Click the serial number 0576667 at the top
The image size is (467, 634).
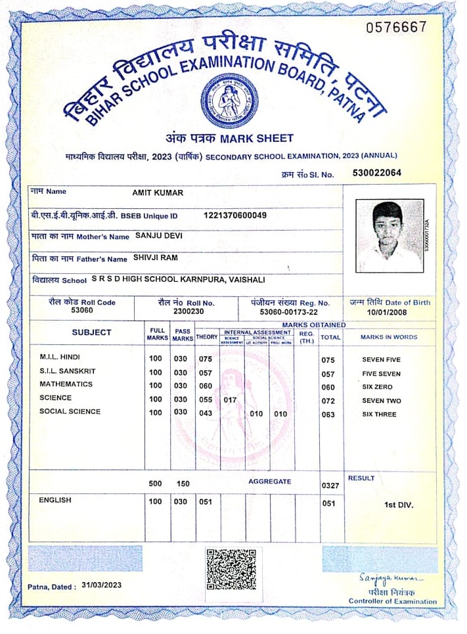pos(396,27)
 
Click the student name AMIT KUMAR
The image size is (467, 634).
pos(158,192)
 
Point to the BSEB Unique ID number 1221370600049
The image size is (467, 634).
pos(235,215)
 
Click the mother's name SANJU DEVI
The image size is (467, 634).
pos(158,235)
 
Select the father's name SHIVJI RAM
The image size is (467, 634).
pos(156,258)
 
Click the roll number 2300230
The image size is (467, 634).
pos(189,311)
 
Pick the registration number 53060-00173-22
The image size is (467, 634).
pos(288,311)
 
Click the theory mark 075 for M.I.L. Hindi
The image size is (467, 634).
pos(206,359)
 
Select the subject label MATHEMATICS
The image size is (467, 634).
pos(66,384)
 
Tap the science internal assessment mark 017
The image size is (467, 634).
pos(230,399)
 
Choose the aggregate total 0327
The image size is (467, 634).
pos(330,486)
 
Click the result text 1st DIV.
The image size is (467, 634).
pos(399,505)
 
